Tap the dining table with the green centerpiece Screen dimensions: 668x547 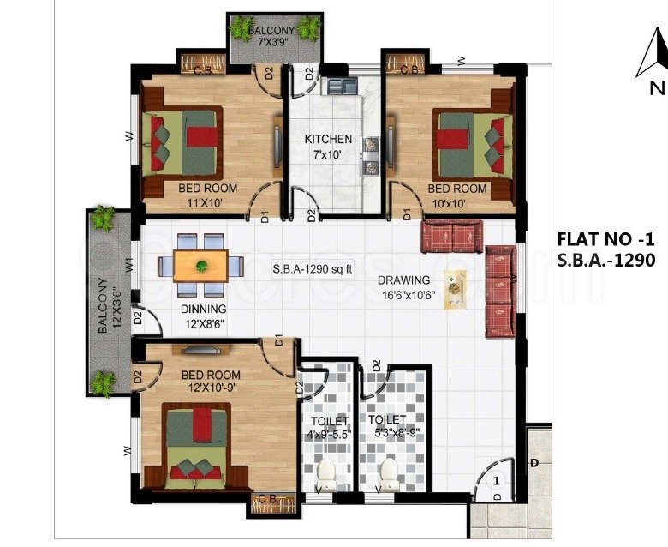tap(200, 266)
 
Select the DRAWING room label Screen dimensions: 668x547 tap(404, 280)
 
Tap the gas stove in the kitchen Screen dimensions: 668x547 tap(370, 156)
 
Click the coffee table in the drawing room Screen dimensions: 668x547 tap(455, 290)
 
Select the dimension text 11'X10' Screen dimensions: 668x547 tap(205, 203)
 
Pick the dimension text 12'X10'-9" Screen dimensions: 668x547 tap(212, 388)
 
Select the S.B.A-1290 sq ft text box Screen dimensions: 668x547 tap(313, 269)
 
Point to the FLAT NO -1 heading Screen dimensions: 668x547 tap(605, 239)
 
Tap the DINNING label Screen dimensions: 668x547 tap(204, 309)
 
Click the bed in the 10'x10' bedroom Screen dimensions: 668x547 tap(472, 145)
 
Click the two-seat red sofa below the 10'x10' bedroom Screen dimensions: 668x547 tap(451, 237)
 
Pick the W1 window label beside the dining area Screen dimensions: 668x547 tap(130, 266)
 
